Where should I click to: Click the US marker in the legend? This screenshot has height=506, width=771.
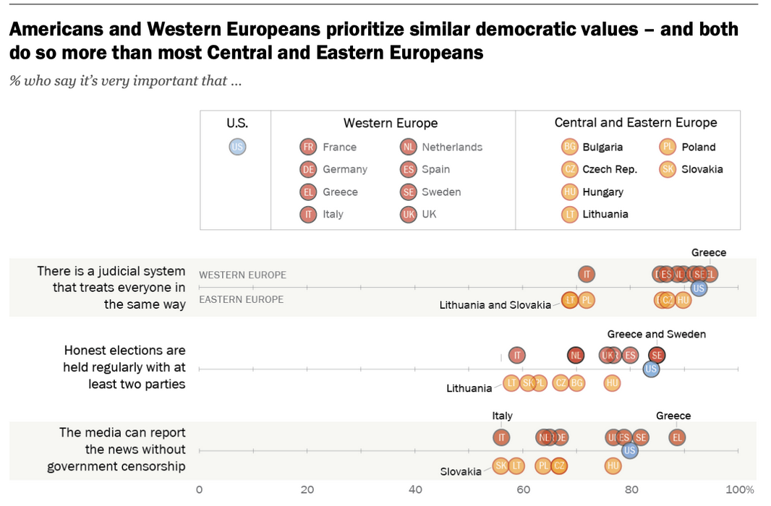click(x=237, y=147)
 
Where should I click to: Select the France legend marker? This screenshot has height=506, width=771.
click(x=308, y=147)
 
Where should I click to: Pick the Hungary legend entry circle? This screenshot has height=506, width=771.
click(x=570, y=192)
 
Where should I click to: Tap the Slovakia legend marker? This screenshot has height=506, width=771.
click(x=668, y=169)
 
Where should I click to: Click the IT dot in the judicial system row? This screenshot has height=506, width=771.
click(x=587, y=274)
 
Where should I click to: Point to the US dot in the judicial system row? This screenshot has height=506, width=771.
click(x=699, y=288)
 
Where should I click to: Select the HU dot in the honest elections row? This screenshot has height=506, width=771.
click(x=613, y=383)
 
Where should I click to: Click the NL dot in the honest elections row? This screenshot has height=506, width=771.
click(x=576, y=355)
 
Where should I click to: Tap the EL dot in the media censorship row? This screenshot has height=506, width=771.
click(x=677, y=437)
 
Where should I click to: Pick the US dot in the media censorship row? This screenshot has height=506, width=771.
click(x=630, y=450)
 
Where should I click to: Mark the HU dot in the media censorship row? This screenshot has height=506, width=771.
click(x=613, y=466)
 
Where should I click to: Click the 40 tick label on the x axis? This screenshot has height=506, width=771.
click(x=415, y=489)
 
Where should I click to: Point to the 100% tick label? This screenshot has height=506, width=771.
click(x=740, y=489)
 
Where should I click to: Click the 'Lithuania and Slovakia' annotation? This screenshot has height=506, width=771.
click(x=495, y=305)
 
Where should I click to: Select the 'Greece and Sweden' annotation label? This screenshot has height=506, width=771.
click(x=656, y=334)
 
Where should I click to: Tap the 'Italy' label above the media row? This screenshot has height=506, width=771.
click(x=502, y=416)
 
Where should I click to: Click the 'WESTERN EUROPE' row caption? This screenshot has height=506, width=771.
click(x=242, y=275)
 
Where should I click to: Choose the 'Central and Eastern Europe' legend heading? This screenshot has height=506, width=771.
click(x=636, y=123)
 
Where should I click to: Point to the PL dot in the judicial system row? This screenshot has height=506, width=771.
click(x=587, y=300)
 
